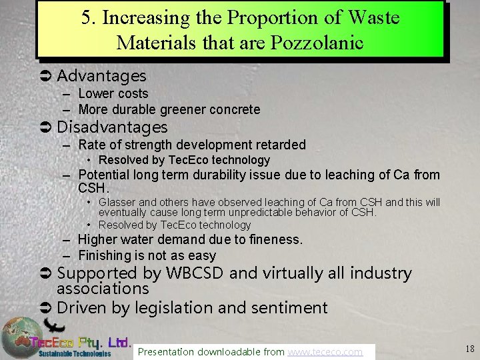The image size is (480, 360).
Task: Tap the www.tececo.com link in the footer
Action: coord(325,351)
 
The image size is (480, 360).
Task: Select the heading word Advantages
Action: coord(101,77)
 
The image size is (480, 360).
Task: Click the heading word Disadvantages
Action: coord(112,127)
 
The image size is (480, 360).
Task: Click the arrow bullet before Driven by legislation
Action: coord(47,308)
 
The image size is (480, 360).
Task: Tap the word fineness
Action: coord(274,239)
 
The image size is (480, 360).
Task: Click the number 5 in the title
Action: coord(87,18)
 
